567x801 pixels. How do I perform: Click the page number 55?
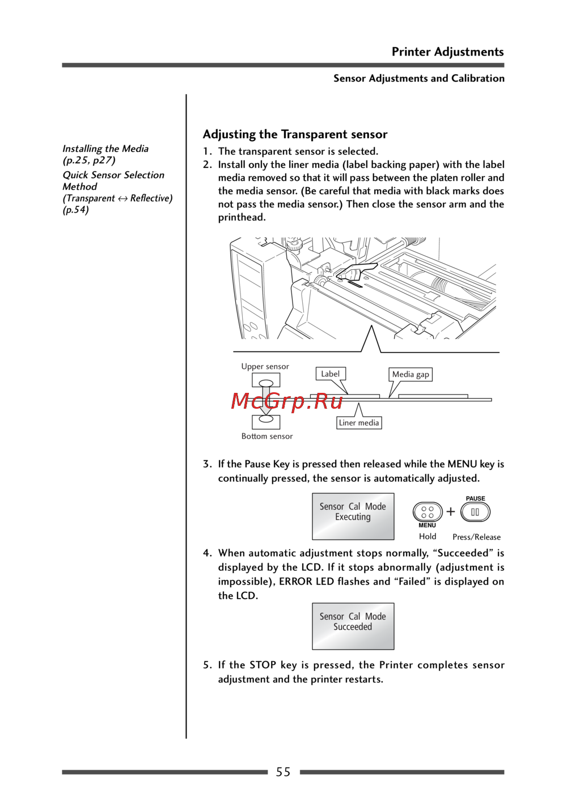[x=283, y=772]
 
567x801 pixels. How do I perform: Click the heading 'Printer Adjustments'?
[x=447, y=52]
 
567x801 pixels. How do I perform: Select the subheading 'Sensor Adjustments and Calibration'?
[x=418, y=78]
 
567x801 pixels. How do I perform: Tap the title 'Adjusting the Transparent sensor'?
[x=295, y=134]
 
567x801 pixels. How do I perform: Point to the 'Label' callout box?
[x=331, y=374]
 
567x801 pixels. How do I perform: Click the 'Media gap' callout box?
[x=411, y=374]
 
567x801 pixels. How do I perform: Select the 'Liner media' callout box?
[x=358, y=423]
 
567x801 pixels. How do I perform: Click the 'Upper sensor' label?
[x=265, y=366]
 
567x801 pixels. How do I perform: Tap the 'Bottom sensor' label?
[x=267, y=436]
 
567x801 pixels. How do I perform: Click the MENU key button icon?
[x=428, y=512]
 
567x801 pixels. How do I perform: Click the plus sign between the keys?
[x=451, y=511]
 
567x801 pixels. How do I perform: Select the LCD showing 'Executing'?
[x=353, y=516]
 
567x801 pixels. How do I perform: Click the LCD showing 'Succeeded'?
[x=353, y=626]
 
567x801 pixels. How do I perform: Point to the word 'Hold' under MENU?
[x=428, y=536]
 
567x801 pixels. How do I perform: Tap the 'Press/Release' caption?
[x=476, y=537]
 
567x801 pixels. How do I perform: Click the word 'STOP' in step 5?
[x=263, y=664]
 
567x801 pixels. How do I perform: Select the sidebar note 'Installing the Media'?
[x=105, y=149]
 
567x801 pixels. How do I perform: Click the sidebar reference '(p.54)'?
[x=76, y=210]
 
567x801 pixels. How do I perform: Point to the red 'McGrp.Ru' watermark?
[x=287, y=401]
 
